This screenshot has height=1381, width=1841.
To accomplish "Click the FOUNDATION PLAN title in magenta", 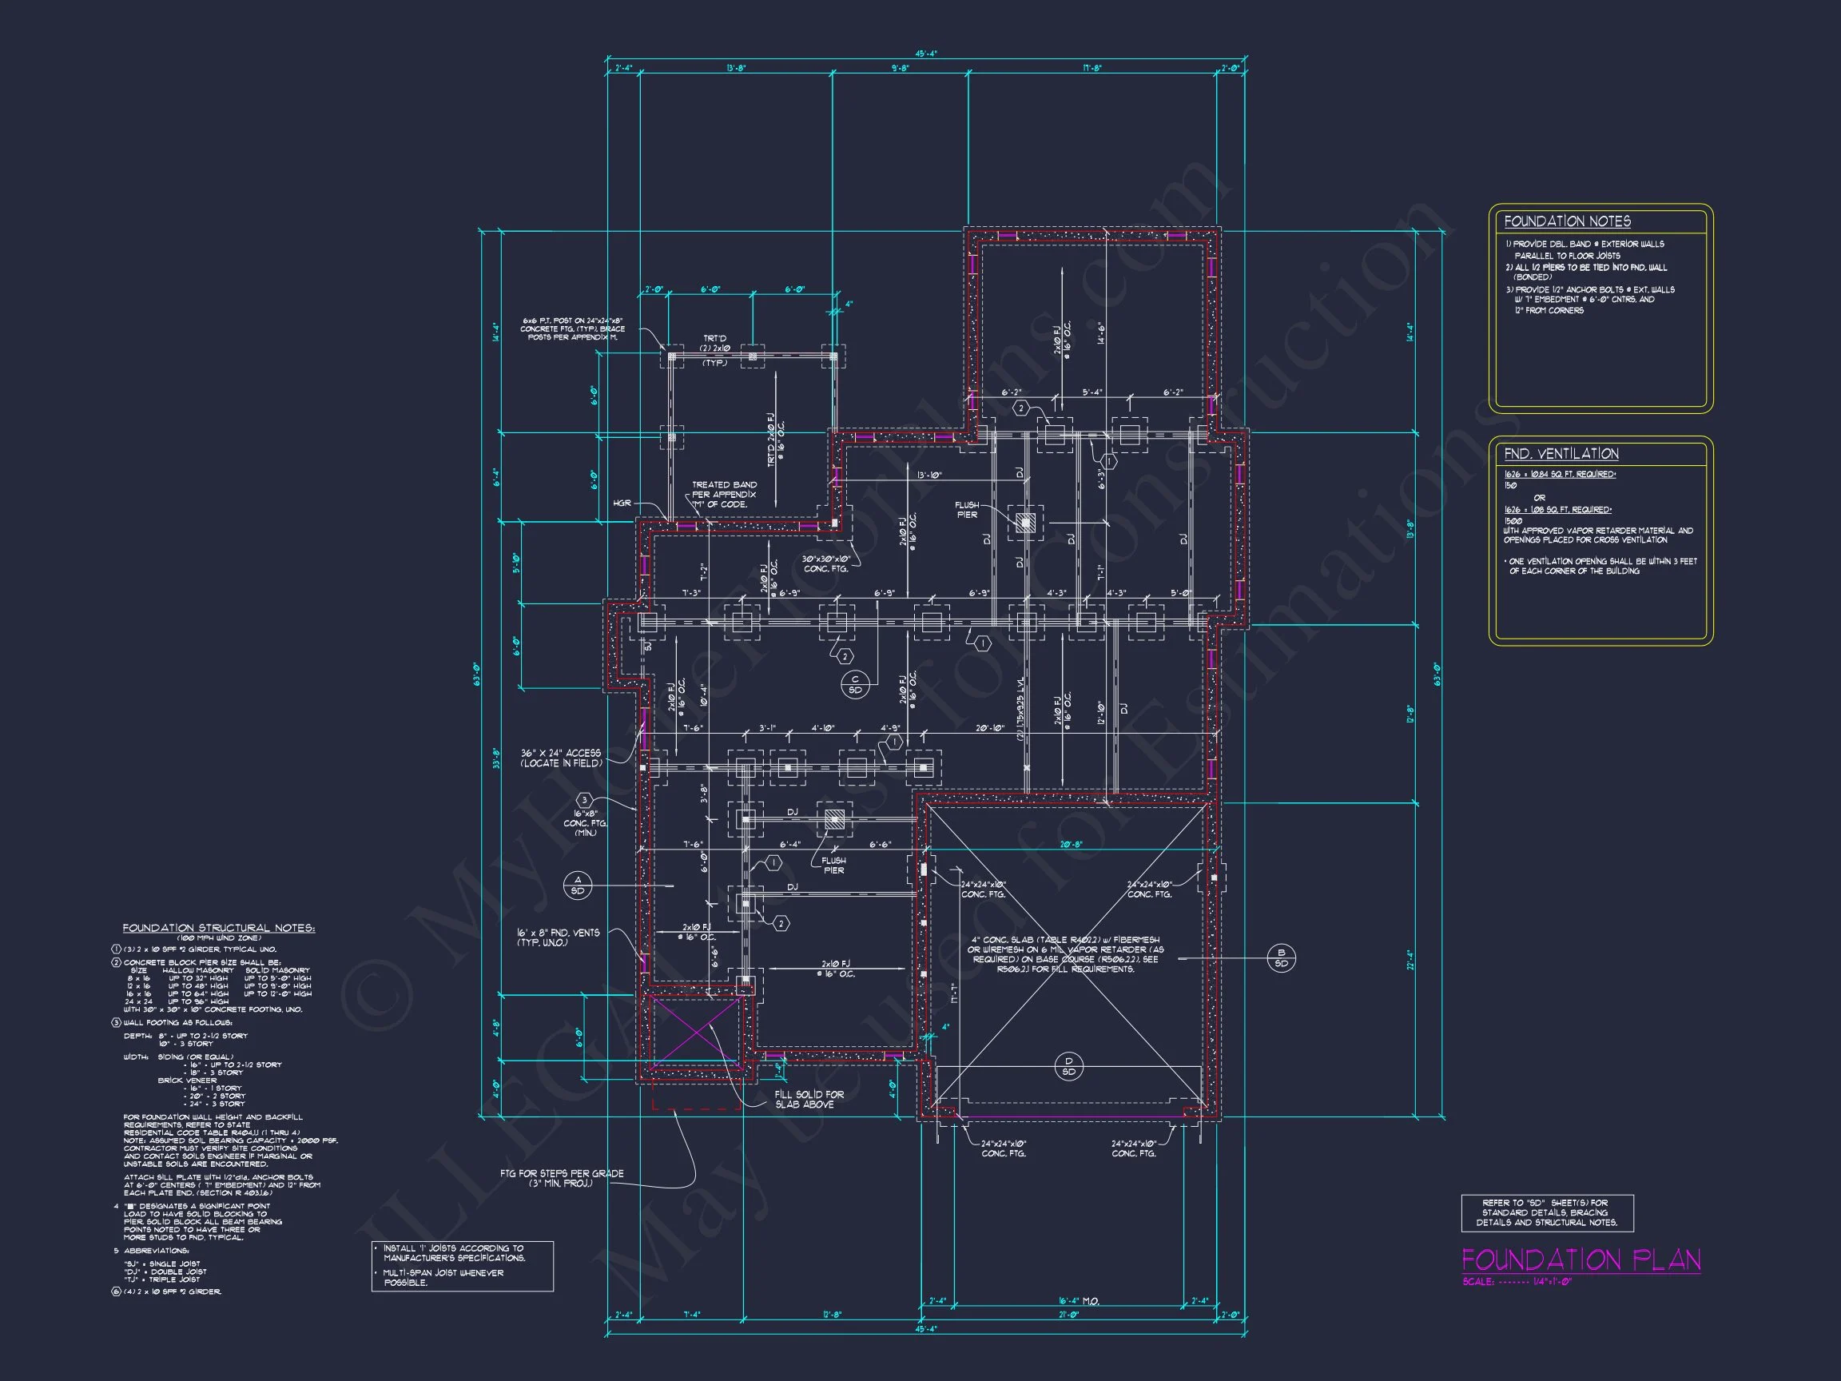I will point(1581,1260).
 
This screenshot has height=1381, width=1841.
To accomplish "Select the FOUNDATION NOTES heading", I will point(1566,221).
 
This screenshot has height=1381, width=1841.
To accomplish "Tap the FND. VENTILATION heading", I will point(1561,454).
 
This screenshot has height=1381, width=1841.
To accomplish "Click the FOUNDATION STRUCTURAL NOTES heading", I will point(218,928).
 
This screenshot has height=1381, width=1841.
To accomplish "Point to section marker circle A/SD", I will point(578,885).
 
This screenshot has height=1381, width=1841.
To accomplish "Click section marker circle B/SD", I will point(1281,958).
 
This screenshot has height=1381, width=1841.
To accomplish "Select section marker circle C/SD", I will point(855,685).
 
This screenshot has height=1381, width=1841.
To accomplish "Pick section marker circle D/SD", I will point(1068,1066).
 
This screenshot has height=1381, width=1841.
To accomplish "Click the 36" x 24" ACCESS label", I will point(560,758).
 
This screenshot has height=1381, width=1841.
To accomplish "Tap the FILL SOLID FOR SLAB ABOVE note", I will point(808,1100).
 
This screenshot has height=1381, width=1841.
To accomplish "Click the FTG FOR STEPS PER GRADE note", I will point(561,1178).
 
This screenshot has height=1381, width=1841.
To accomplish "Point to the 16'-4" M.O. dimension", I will point(1079,1300).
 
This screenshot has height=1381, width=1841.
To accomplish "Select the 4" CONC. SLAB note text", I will point(1065,954).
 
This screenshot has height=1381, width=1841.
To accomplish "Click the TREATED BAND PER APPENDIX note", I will point(723,495).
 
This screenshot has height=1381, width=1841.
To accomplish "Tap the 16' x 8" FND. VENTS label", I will point(557,937).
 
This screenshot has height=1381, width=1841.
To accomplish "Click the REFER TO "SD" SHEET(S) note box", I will point(1546,1213).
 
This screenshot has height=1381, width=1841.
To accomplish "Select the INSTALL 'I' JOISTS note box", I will point(462,1265).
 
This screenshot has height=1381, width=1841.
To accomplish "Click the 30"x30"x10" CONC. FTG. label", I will point(825,563).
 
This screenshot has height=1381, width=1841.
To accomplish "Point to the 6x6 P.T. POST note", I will point(573,328).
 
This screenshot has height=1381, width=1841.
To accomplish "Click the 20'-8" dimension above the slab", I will point(1072,844).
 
